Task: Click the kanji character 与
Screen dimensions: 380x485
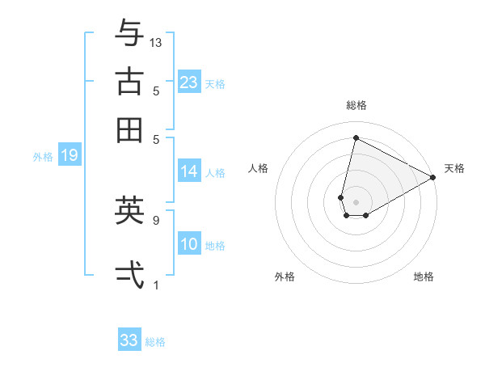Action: click(x=129, y=34)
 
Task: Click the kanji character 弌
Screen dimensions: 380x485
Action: click(x=129, y=273)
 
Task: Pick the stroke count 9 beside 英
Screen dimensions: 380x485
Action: click(x=155, y=219)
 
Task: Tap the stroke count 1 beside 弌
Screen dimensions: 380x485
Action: click(x=155, y=285)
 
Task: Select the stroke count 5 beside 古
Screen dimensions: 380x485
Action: click(x=155, y=91)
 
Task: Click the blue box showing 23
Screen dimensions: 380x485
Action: click(x=188, y=82)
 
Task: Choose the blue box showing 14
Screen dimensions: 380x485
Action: click(x=188, y=171)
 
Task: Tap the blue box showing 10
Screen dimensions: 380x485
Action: click(x=188, y=245)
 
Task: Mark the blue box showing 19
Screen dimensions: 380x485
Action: click(x=69, y=156)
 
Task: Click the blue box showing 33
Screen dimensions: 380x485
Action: click(x=129, y=340)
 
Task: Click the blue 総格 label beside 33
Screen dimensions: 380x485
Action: click(x=155, y=342)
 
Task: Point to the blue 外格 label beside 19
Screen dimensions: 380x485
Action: click(x=43, y=157)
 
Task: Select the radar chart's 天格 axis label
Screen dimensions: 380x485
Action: click(x=454, y=168)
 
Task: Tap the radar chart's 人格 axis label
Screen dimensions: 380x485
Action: click(x=259, y=168)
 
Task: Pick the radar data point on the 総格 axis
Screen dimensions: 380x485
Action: click(x=356, y=137)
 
